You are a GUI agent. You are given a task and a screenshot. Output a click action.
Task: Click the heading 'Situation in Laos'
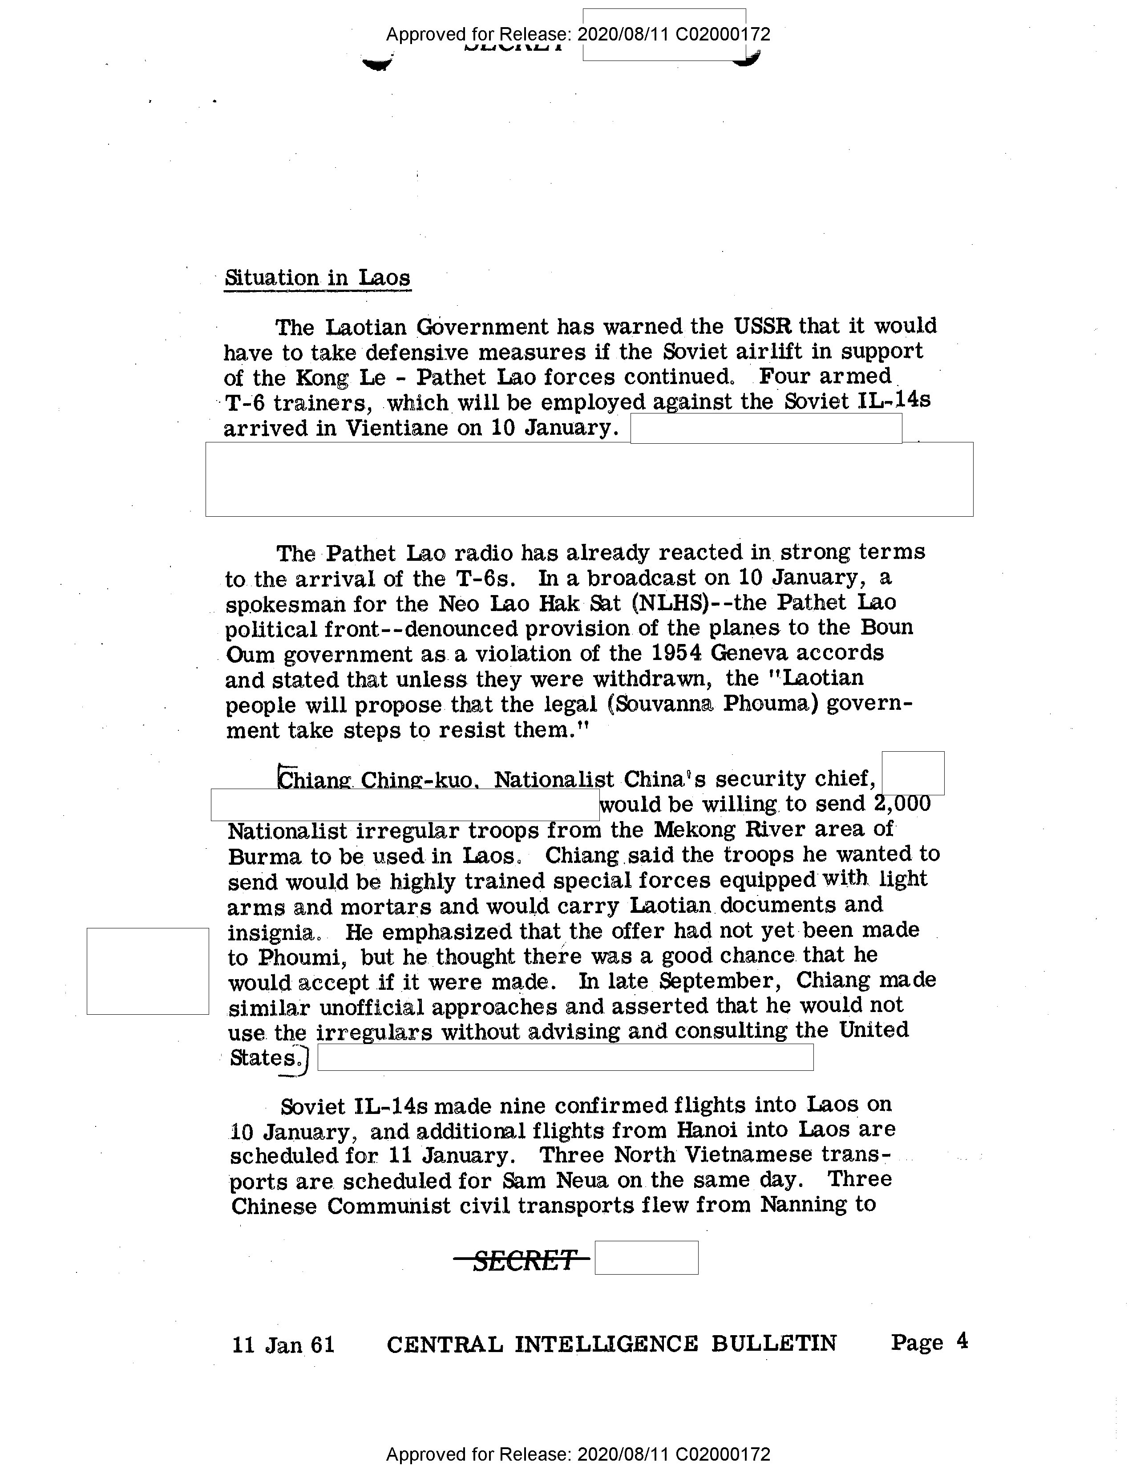[x=317, y=278]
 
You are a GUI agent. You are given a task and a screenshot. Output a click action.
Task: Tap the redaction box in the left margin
[x=148, y=971]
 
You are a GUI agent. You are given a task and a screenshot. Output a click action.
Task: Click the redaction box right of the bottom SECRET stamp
[x=646, y=1258]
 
